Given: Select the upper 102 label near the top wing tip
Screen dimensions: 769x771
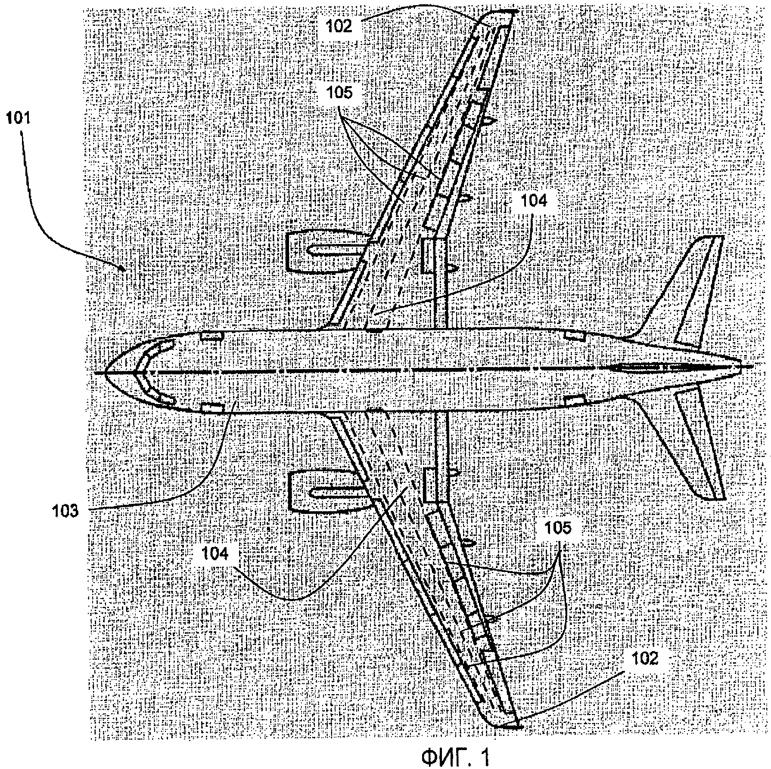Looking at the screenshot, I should pyautogui.click(x=338, y=26).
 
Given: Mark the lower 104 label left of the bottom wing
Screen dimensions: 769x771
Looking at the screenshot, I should pyautogui.click(x=215, y=554).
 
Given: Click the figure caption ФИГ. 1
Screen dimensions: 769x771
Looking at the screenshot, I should pyautogui.click(x=455, y=757).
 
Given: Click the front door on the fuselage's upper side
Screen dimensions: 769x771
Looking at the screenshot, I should pyautogui.click(x=211, y=336).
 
